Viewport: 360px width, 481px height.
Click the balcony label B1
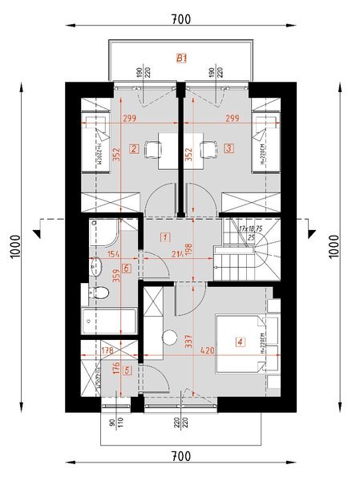pos(181,58)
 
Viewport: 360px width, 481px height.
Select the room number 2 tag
pos(134,148)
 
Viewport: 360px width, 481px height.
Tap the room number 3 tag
pos(229,148)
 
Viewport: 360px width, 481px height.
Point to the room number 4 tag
pos(239,342)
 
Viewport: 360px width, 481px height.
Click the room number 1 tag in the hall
pos(164,236)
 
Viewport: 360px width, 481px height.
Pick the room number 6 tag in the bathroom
pos(126,268)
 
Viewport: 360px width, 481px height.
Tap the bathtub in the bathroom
pos(111,322)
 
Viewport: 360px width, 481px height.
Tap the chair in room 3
pos(208,150)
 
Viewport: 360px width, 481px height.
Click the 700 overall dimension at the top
pos(181,18)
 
